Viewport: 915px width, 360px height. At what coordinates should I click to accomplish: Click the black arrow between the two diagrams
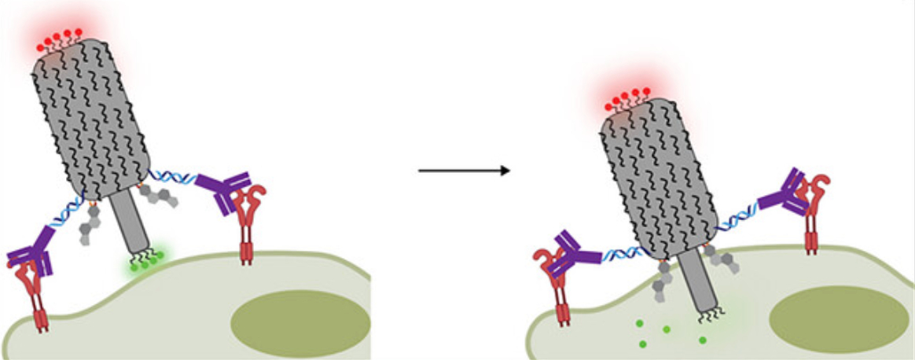(x=465, y=170)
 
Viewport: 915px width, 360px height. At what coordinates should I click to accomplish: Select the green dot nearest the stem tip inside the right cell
(x=703, y=340)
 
